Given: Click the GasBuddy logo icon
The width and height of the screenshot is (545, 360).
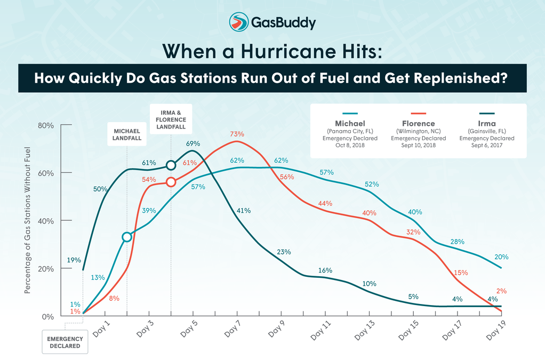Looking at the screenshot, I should point(239,22).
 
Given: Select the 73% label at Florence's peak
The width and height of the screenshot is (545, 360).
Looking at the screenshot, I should point(237,134).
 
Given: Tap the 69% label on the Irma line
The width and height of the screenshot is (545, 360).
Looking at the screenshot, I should point(193,143).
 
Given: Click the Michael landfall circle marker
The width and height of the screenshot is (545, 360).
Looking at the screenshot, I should point(126,237).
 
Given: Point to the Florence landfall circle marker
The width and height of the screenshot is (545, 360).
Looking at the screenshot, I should point(171,182).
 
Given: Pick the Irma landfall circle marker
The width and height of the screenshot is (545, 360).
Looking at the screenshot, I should point(171,165).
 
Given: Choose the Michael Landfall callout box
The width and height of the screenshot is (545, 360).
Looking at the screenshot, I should point(126,135).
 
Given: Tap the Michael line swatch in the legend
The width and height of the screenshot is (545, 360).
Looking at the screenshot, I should point(350,114).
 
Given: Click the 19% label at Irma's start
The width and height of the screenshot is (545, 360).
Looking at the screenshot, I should point(74,260).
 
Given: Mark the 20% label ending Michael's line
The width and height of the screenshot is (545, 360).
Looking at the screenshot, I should point(501,256).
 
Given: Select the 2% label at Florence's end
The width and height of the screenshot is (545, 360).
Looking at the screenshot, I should point(501,291).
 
